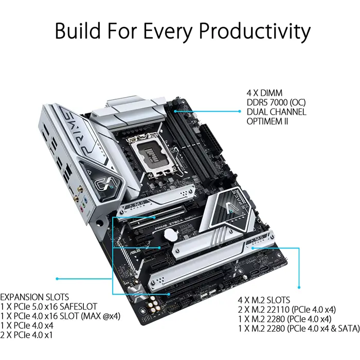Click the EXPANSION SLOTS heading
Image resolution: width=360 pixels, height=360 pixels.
[35, 297]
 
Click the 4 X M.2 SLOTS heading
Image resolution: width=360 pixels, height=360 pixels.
[264, 299]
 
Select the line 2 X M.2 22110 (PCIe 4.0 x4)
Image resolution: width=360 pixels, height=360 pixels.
[286, 309]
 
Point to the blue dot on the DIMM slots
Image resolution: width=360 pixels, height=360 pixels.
[175, 110]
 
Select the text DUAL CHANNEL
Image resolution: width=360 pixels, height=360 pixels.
[276, 112]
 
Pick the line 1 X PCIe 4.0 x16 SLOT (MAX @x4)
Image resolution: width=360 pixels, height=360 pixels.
[61, 316]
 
